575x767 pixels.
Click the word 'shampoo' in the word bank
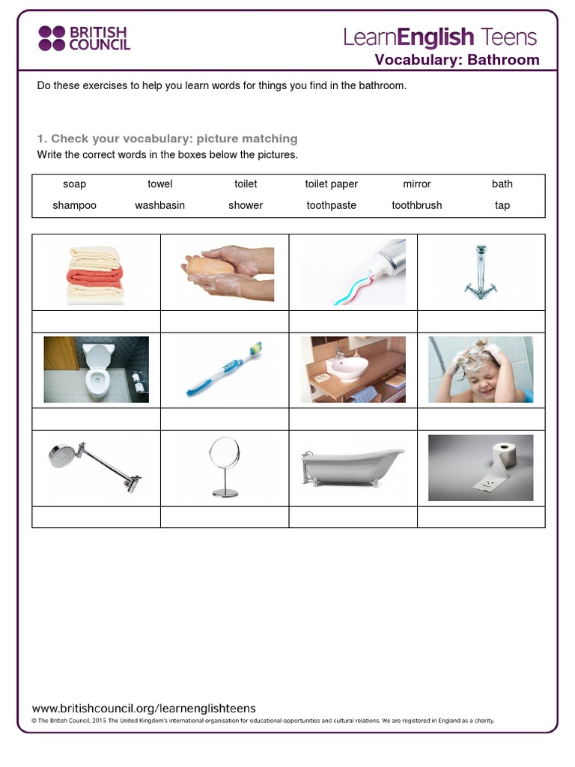(x=74, y=205)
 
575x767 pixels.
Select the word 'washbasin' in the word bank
(x=159, y=205)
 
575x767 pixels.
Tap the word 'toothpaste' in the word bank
(x=331, y=205)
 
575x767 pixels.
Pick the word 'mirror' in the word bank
(x=417, y=184)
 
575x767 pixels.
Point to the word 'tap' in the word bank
(x=502, y=205)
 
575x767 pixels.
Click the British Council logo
(x=84, y=38)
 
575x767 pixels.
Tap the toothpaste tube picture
(x=353, y=271)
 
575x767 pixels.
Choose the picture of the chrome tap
(x=481, y=271)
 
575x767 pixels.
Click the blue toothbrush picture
(x=225, y=369)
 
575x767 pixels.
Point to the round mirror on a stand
(x=225, y=467)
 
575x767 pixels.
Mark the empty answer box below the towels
(x=96, y=321)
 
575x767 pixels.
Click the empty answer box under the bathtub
(x=353, y=517)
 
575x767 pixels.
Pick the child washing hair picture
(x=481, y=369)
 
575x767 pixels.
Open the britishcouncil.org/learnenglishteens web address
(x=144, y=708)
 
